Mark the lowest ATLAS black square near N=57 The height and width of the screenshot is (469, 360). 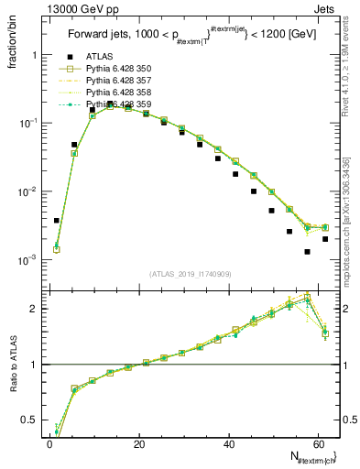(308, 251)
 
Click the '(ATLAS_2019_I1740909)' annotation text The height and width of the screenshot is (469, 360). (190, 274)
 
